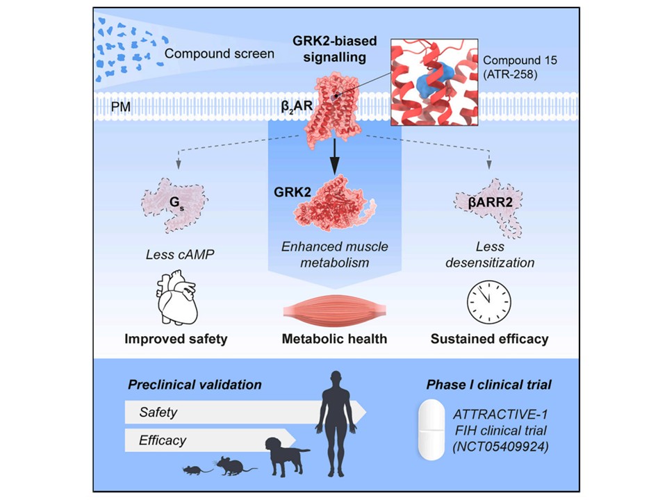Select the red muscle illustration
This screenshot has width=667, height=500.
click(x=334, y=308)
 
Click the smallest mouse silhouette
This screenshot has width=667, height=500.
click(x=192, y=470)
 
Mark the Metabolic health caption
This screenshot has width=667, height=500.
click(x=333, y=339)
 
